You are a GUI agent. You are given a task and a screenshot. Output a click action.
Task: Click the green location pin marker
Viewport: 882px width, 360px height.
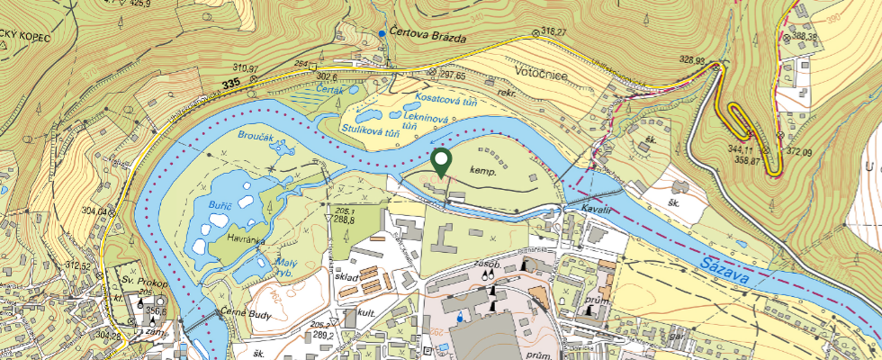click(x=441, y=162)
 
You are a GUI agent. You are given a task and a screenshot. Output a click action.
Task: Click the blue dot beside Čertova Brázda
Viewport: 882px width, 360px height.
click(x=382, y=33)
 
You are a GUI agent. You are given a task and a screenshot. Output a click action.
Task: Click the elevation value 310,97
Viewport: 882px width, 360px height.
click(x=245, y=68)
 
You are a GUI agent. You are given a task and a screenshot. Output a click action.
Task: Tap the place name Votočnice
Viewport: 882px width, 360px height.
click(x=541, y=73)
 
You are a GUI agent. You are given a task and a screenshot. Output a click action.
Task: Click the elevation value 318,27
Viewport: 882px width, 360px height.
click(x=554, y=32)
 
